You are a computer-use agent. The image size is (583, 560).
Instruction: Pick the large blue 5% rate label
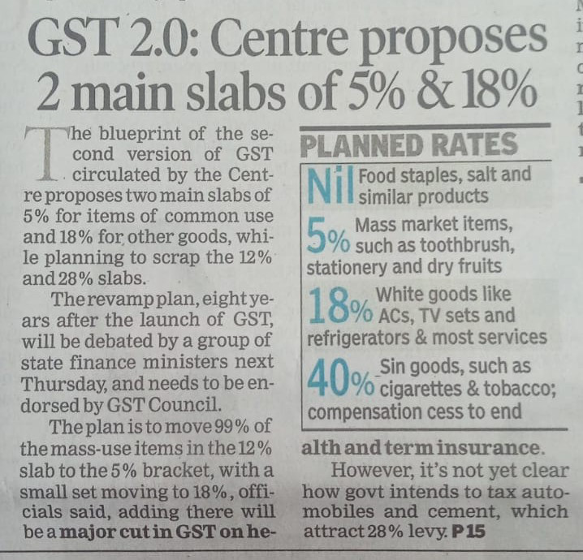tap(328, 236)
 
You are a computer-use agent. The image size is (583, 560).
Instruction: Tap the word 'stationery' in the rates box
tap(347, 265)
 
